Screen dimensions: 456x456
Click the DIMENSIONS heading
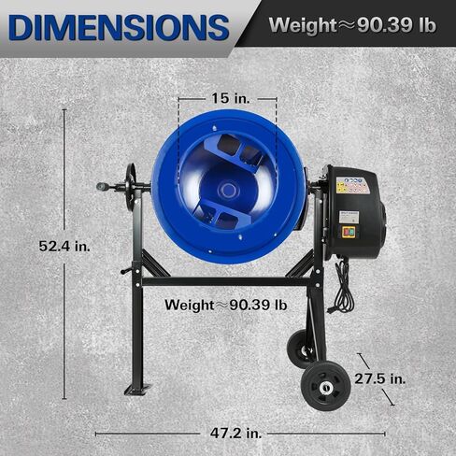pyautogui.click(x=120, y=27)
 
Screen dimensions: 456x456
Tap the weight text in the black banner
pyautogui.click(x=352, y=25)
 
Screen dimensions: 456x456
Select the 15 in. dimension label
pyautogui.click(x=231, y=98)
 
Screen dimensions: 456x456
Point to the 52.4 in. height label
pyautogui.click(x=64, y=247)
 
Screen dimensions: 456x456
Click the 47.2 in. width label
pyautogui.click(x=235, y=434)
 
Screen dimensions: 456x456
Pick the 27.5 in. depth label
pyautogui.click(x=380, y=379)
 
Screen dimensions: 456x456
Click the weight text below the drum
pyautogui.click(x=226, y=305)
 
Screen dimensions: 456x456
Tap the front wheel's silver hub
pyautogui.click(x=326, y=388)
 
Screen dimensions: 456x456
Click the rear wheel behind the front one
pyautogui.click(x=300, y=349)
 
